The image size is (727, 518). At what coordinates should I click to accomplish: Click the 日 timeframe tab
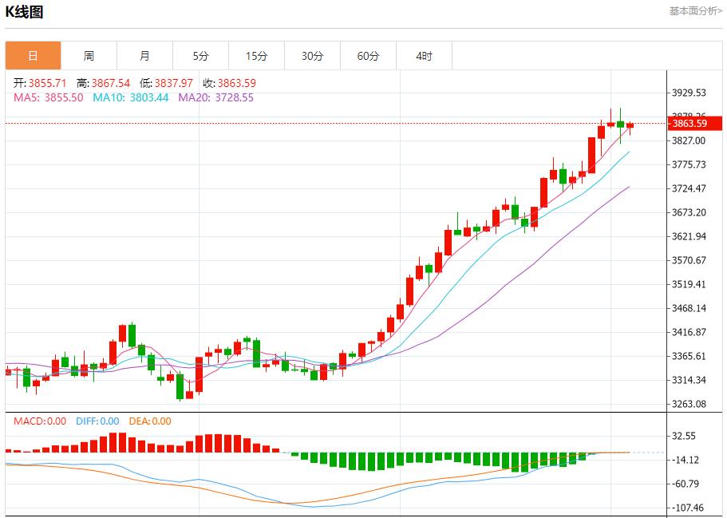click(33, 56)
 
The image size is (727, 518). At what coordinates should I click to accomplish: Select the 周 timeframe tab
click(89, 56)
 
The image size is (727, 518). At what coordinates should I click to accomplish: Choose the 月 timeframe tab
click(144, 56)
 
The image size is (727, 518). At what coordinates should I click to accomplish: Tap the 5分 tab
click(200, 56)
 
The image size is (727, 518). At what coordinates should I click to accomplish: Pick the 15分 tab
click(256, 56)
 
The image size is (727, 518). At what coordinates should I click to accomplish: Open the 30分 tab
click(312, 56)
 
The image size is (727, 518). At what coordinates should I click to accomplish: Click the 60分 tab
click(368, 56)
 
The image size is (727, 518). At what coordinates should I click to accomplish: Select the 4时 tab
click(424, 56)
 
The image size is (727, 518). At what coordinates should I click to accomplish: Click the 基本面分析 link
click(695, 11)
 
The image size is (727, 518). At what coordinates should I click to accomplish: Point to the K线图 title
click(25, 12)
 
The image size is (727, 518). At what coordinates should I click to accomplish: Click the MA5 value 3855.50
click(63, 97)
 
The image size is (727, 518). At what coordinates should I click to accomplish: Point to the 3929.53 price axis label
click(689, 93)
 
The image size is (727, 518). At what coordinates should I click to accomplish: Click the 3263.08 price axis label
click(689, 404)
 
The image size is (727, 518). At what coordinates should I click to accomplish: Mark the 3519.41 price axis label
click(689, 284)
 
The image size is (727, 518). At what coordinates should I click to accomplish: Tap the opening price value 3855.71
click(49, 83)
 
